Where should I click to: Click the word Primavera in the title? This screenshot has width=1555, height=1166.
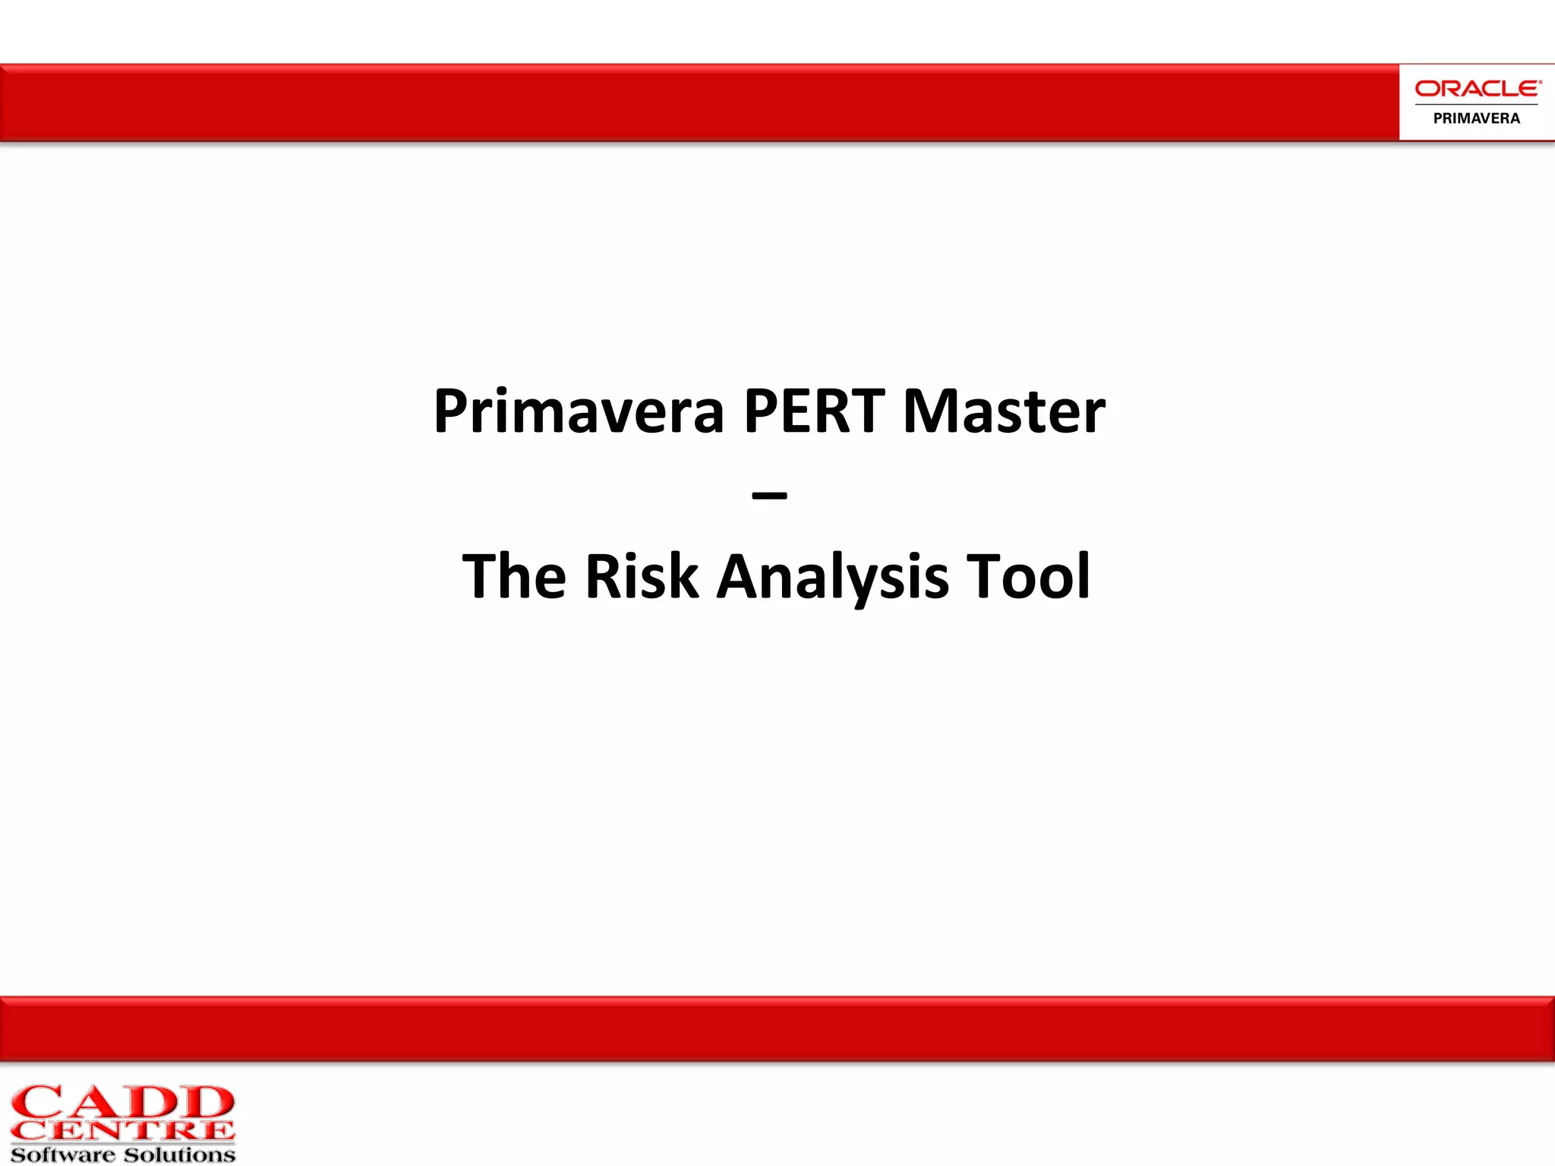(x=579, y=411)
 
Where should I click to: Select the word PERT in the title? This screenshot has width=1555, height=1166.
(x=814, y=411)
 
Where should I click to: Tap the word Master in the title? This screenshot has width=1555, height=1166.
(x=1004, y=411)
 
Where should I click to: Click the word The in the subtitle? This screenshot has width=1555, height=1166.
(x=514, y=577)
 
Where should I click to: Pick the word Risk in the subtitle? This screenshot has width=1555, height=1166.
(x=642, y=577)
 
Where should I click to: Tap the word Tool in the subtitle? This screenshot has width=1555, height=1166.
(x=1028, y=577)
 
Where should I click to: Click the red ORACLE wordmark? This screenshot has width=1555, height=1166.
(x=1477, y=89)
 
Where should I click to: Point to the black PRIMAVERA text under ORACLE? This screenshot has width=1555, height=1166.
(x=1477, y=118)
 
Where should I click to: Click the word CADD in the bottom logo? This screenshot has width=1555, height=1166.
(x=123, y=1103)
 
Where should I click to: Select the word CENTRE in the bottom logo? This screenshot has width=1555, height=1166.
(x=123, y=1131)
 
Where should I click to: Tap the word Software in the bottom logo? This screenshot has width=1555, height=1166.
(x=63, y=1155)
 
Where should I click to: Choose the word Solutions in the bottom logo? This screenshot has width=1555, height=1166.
(x=179, y=1155)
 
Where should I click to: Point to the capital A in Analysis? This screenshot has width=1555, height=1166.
(x=741, y=577)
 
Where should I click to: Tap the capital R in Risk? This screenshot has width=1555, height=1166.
(x=605, y=577)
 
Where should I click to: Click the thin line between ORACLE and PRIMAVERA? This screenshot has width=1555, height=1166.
(x=1477, y=104)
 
